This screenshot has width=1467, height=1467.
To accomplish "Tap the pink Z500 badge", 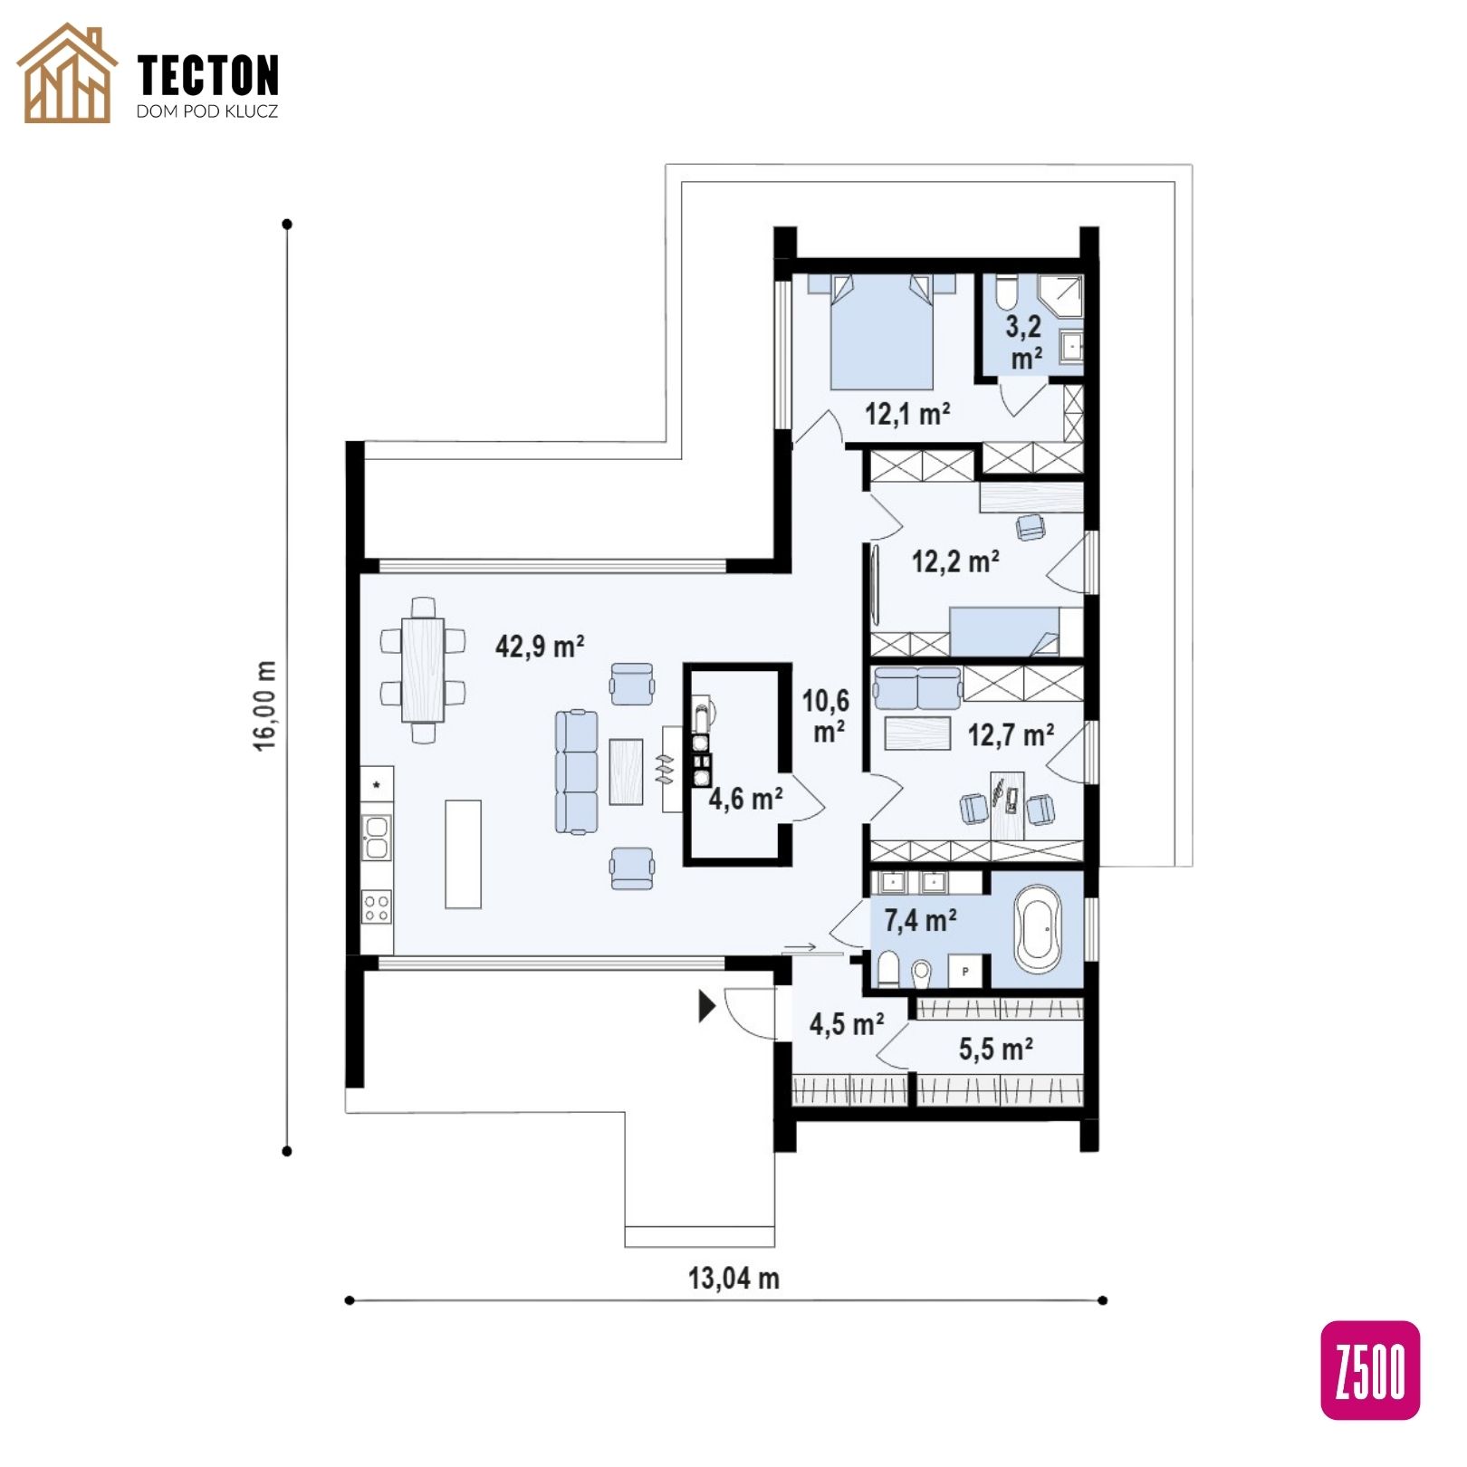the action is point(1370,1369).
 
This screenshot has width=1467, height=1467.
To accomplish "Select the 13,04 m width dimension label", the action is point(733,1278).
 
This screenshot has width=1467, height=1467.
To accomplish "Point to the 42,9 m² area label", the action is point(540,646).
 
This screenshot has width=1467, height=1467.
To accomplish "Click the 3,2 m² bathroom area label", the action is point(1024,342).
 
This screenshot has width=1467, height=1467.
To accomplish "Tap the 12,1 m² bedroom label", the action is point(907,414).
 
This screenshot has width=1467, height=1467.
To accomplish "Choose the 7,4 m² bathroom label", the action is point(920,920).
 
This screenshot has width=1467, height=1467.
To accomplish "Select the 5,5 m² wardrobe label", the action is point(996,1049).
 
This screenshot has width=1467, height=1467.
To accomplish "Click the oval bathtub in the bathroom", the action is point(1039,929).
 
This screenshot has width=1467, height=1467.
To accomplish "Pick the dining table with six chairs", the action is point(423,669).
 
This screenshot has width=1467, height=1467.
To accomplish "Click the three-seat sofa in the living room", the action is point(577,772).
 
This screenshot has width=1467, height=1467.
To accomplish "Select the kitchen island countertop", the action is point(463,853).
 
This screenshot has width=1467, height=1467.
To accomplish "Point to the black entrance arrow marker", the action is point(707,1006).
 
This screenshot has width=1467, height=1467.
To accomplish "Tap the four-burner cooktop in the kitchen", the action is point(377,906).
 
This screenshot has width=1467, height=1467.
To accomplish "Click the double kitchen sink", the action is point(376,837).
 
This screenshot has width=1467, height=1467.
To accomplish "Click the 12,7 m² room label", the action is point(1011,734).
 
